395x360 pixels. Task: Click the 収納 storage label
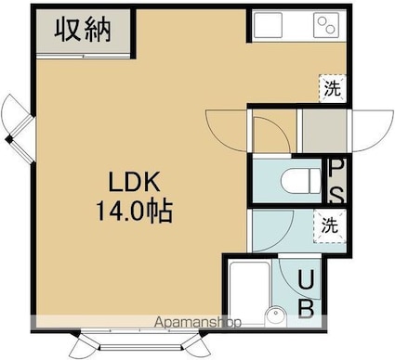[83, 30]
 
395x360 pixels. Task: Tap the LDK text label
[134, 182]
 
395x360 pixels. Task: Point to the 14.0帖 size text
[134, 212]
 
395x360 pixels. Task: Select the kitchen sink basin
[267, 24]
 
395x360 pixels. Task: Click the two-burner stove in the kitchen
[326, 24]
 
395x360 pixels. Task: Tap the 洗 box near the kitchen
[333, 89]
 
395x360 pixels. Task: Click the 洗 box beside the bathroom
[330, 225]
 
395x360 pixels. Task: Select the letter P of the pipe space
[336, 169]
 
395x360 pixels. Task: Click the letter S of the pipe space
[336, 195]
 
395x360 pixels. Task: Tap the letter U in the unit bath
[306, 279]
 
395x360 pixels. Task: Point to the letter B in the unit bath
[306, 307]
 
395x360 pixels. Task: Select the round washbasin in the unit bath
[276, 315]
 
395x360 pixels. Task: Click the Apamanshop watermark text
[198, 322]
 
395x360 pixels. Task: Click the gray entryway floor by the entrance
[324, 131]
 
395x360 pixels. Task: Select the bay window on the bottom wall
[140, 342]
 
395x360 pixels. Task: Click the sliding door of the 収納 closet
[83, 56]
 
